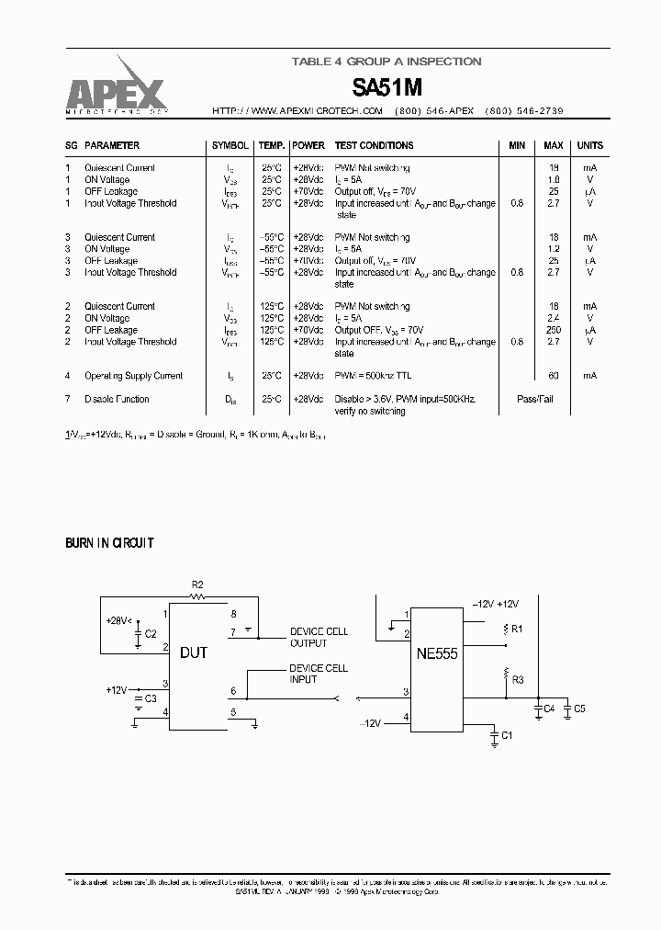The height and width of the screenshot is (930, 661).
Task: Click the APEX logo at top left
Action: coord(115,93)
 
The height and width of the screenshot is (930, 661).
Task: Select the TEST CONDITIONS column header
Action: coord(374,145)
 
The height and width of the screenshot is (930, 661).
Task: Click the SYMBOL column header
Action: coord(230,145)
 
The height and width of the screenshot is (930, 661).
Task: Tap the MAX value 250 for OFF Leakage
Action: coord(553,330)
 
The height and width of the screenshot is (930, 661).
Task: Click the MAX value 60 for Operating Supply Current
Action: coord(554,376)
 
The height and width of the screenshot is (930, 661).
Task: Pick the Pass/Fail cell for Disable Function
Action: coord(535,400)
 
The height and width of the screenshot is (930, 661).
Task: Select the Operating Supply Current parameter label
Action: coord(133,376)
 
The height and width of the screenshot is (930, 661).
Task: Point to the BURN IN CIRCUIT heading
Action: coord(109,543)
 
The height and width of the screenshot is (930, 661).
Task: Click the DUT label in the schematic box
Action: coord(194,653)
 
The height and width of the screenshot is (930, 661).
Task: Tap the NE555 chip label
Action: coord(435,654)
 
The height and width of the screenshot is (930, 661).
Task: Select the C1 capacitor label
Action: coord(508,736)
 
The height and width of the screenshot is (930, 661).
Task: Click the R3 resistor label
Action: coord(519,679)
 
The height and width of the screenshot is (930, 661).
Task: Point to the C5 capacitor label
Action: coord(578,709)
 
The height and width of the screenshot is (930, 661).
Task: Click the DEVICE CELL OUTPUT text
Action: coord(319,637)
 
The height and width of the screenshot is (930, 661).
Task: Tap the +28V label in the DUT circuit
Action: coord(118,620)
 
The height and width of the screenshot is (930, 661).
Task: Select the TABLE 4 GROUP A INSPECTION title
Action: coord(386,62)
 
